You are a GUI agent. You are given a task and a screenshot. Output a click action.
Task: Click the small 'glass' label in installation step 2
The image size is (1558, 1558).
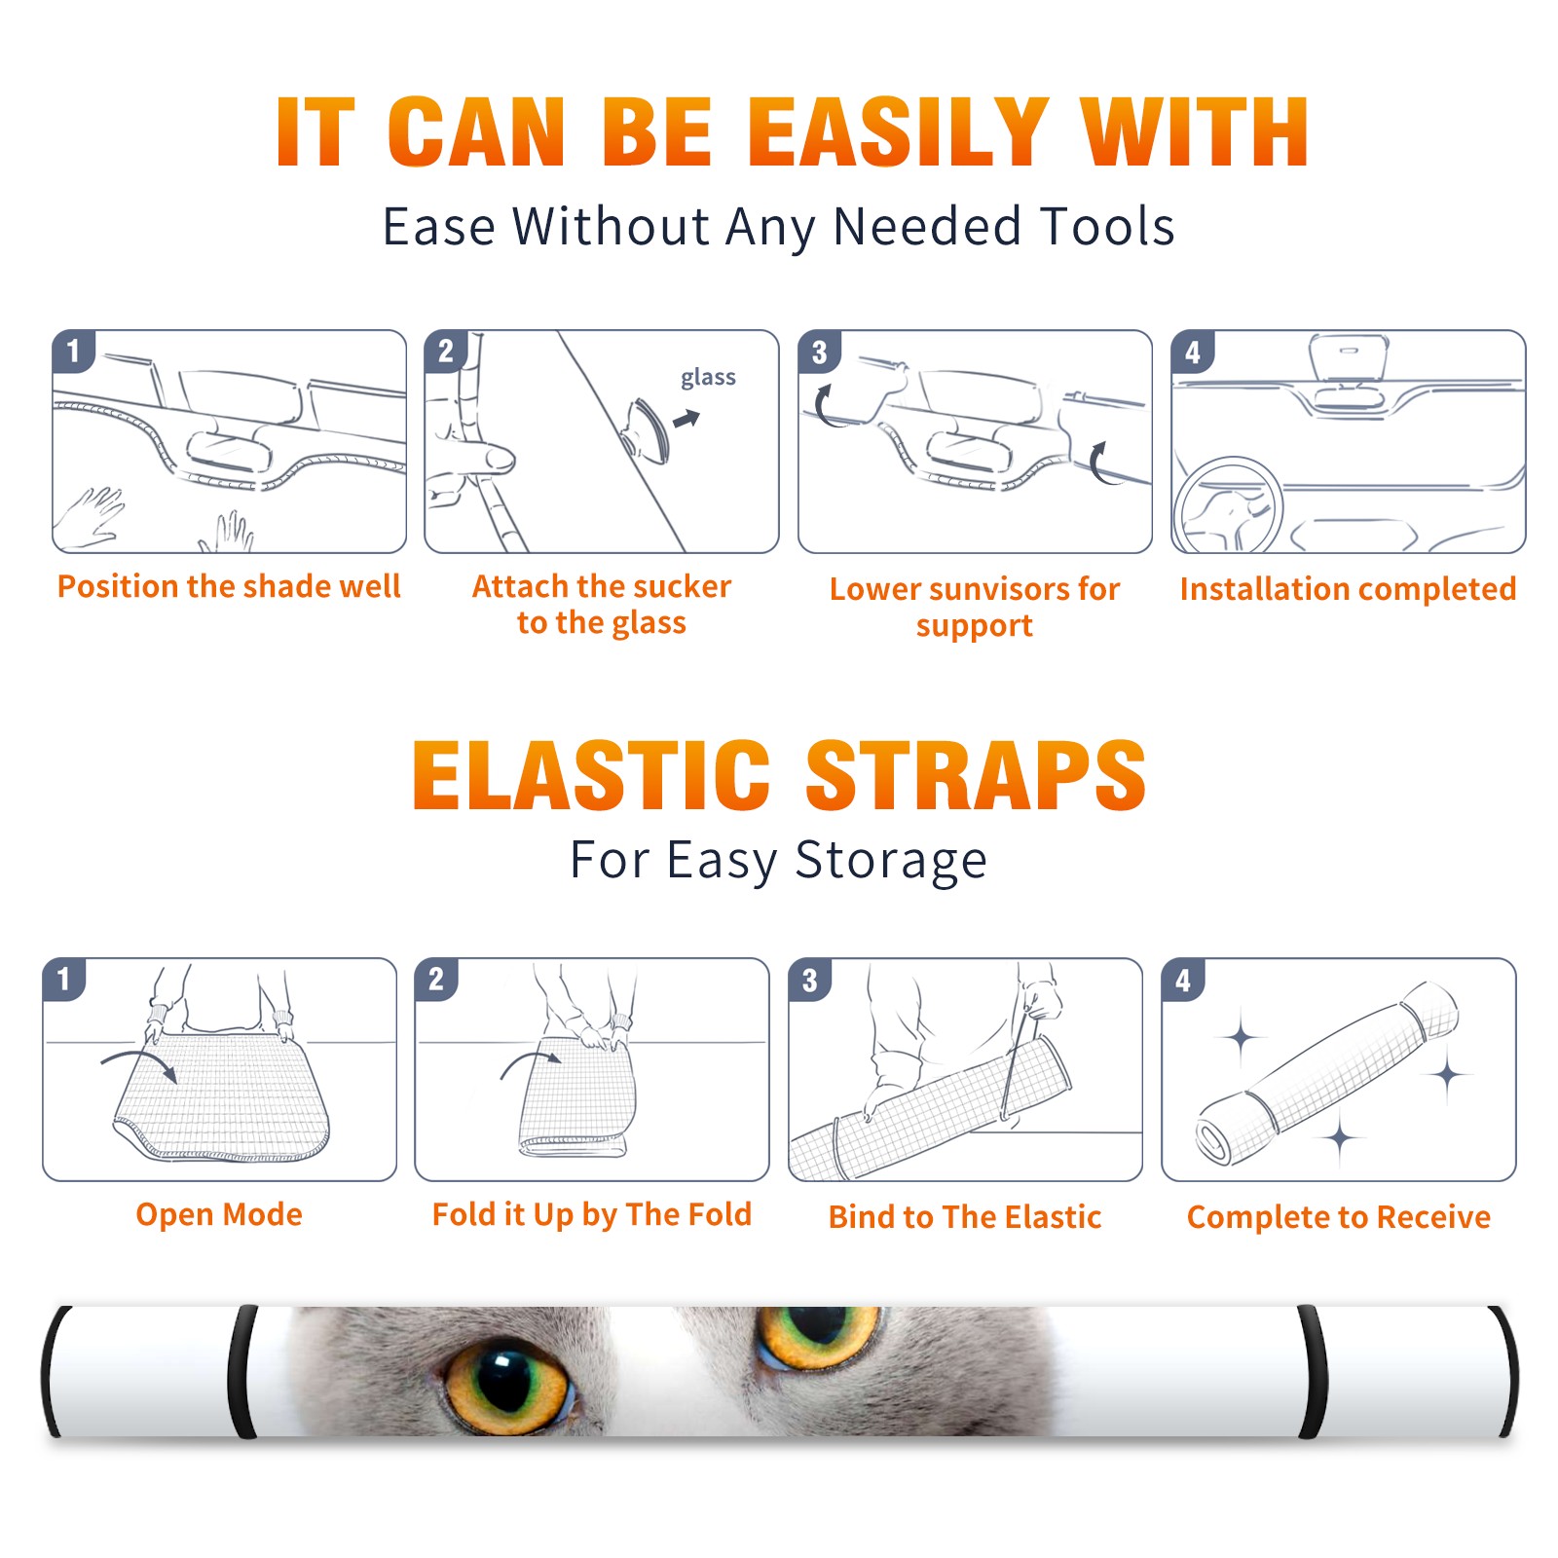pos(708,378)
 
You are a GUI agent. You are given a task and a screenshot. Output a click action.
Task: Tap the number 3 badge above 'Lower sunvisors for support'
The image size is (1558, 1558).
pos(819,352)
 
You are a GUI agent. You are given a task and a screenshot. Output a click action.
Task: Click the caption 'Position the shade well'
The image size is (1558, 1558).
pos(229,586)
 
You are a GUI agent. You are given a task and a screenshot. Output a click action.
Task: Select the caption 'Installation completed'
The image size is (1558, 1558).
pos(1348,589)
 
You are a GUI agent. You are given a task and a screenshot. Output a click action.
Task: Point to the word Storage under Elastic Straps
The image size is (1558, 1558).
pos(891,861)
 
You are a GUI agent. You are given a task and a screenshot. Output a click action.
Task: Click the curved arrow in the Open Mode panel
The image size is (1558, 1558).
pos(138,1063)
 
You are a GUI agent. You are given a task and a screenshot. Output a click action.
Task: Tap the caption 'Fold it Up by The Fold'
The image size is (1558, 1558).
pos(592,1214)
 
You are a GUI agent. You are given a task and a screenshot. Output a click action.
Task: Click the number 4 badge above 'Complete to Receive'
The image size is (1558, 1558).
pos(1183,981)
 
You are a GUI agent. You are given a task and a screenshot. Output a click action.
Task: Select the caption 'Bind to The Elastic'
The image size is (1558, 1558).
pos(965,1217)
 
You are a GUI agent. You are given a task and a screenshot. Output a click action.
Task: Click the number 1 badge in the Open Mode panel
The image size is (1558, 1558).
pos(64,980)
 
